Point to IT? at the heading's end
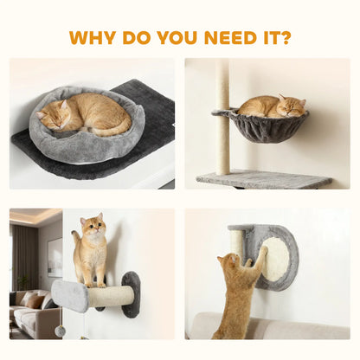[x=278, y=38]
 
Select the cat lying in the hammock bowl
[x=272, y=106]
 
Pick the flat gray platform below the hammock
[x=263, y=179]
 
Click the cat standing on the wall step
[x=90, y=251]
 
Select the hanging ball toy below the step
[x=60, y=331]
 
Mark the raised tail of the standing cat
[x=75, y=238]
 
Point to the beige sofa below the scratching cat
[x=294, y=328]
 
